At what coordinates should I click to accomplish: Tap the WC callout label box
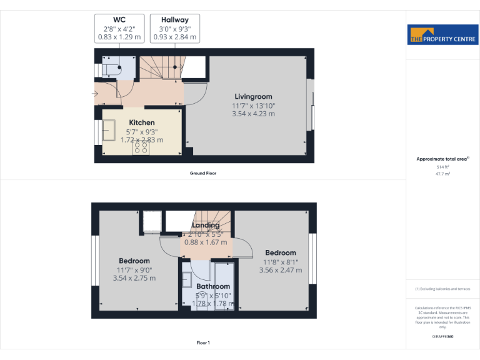point(119,29)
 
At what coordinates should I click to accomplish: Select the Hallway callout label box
point(175,29)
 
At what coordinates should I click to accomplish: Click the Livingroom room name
point(253,97)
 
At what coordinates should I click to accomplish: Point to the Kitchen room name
point(142,122)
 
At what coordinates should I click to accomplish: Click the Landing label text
point(206,226)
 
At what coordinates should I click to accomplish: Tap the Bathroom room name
point(213,286)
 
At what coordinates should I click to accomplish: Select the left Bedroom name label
point(134,261)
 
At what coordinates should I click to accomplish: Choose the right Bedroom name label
point(281,253)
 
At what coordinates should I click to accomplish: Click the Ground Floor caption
point(203,173)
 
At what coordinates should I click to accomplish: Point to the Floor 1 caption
point(203,342)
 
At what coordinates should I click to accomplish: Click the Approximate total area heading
point(442,159)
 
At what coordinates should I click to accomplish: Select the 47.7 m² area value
point(442,174)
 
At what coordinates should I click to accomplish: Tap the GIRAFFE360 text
point(442,337)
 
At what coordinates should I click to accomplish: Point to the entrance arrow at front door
point(95,94)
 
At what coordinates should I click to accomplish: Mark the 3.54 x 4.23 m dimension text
point(253,114)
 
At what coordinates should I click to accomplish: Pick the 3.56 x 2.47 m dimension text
point(281,270)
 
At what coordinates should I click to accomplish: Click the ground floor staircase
point(162,67)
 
